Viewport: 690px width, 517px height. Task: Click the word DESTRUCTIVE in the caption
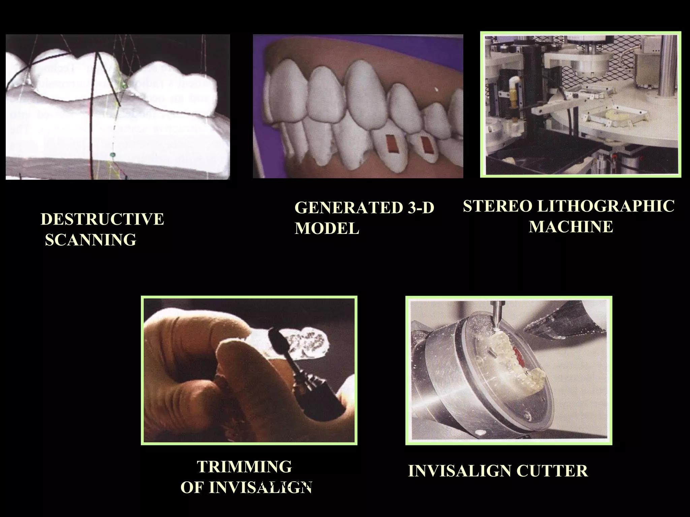click(x=102, y=219)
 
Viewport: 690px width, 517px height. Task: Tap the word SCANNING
click(x=91, y=240)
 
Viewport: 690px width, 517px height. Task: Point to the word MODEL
click(x=327, y=229)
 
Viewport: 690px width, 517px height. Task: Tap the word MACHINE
click(x=571, y=227)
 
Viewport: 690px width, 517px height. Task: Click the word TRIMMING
click(x=244, y=467)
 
